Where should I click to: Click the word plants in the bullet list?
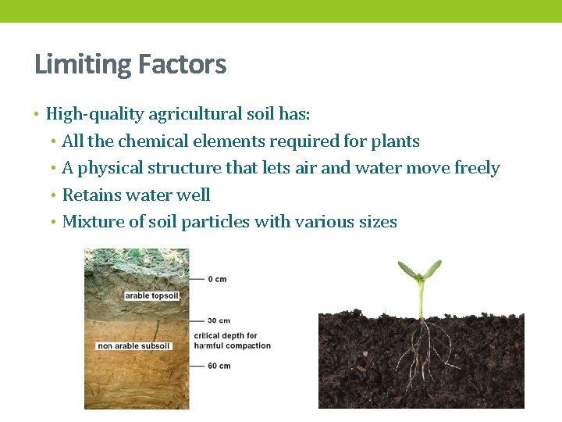click(x=395, y=141)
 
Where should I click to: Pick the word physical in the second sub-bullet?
click(x=109, y=168)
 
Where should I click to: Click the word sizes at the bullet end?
click(x=377, y=222)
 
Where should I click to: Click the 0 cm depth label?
click(x=217, y=279)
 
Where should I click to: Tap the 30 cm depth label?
click(x=219, y=320)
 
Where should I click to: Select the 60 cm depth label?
click(x=219, y=366)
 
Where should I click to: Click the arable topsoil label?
click(x=151, y=296)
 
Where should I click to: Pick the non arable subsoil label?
click(x=133, y=346)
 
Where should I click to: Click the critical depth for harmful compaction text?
click(x=232, y=341)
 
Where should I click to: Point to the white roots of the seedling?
click(x=422, y=344)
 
